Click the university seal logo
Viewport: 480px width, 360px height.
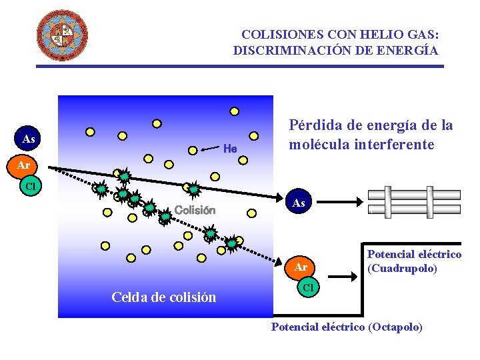pos(61,35)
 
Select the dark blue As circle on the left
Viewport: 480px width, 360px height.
pos(29,139)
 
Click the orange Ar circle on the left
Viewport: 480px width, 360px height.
pos(23,164)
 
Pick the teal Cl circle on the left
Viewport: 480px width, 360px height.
pos(30,186)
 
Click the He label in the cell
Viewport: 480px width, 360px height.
pos(230,148)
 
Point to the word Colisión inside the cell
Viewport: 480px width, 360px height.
pos(195,210)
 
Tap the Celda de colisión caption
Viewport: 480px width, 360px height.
pos(164,297)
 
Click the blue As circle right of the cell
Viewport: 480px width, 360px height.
pos(299,203)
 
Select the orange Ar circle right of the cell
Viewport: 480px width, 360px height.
pos(301,267)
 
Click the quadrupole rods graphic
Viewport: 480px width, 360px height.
pos(414,201)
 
